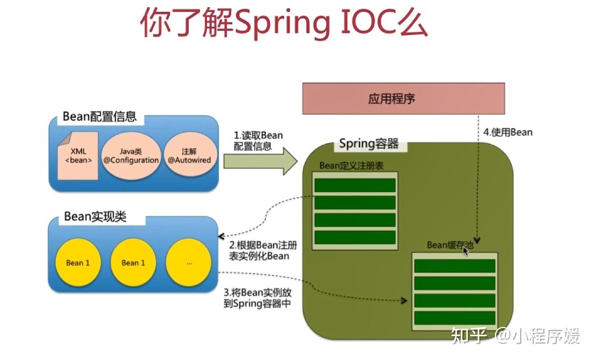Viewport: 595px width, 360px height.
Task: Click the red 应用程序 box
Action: point(403,98)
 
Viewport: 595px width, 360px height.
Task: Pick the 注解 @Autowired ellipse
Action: point(189,156)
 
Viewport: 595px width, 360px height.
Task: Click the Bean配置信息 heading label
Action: point(99,116)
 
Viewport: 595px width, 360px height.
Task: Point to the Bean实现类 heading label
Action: point(95,217)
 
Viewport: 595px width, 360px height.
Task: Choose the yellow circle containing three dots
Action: point(189,263)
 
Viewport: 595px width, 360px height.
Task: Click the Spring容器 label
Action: point(369,144)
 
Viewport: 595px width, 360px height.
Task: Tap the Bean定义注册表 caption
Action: point(351,166)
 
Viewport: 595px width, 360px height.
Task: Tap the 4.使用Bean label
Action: point(508,132)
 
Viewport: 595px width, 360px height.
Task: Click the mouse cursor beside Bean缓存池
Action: point(466,251)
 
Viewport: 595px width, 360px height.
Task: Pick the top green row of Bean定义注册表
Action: point(355,185)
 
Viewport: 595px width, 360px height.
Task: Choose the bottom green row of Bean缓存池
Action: point(454,318)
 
